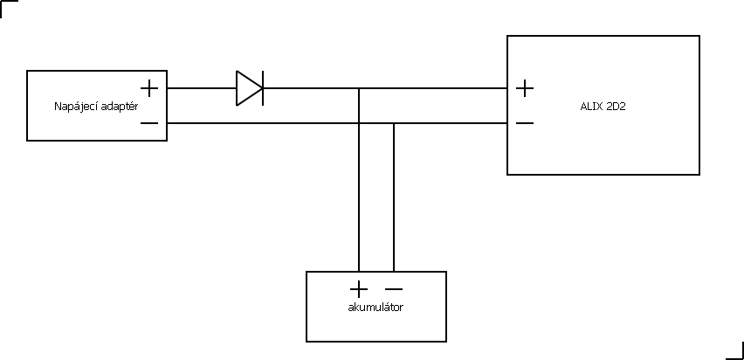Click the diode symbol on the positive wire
[250, 88]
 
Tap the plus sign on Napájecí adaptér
[149, 88]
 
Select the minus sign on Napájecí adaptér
[149, 123]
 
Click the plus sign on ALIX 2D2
[524, 88]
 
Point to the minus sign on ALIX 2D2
[524, 123]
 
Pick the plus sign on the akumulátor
[359, 289]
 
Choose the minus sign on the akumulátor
[394, 289]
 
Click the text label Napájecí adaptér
[96, 107]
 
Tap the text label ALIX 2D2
[603, 107]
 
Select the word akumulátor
[375, 308]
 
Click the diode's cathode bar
[263, 88]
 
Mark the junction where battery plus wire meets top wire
[359, 88]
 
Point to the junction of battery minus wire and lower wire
[394, 123]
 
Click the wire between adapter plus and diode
[202, 88]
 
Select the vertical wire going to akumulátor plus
[359, 180]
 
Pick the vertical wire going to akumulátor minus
[394, 197]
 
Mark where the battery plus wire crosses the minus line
[359, 123]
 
